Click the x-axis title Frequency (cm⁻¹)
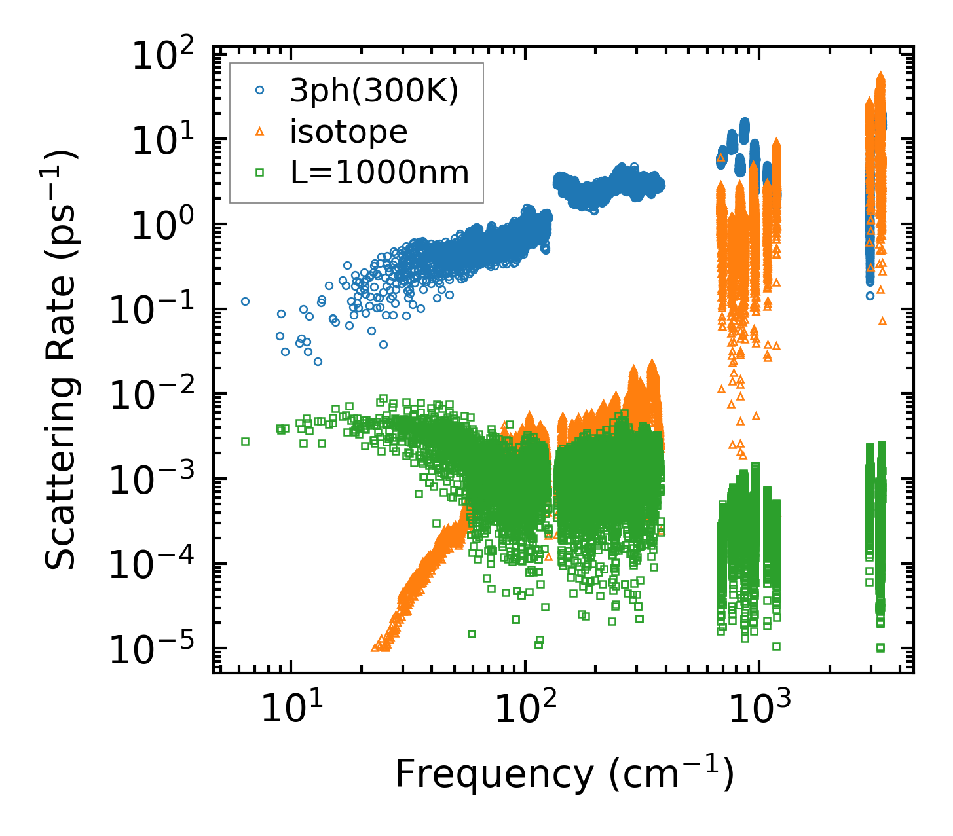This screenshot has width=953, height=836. coord(565,775)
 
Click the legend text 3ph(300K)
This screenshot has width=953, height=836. coord(374,92)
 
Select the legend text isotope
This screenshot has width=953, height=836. coord(348,132)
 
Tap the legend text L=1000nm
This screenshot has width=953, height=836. coord(379,173)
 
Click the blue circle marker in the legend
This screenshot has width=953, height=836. coord(259,92)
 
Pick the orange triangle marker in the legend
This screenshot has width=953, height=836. coord(259,132)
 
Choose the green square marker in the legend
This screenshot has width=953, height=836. coord(259,173)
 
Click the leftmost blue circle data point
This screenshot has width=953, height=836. coord(246,302)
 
